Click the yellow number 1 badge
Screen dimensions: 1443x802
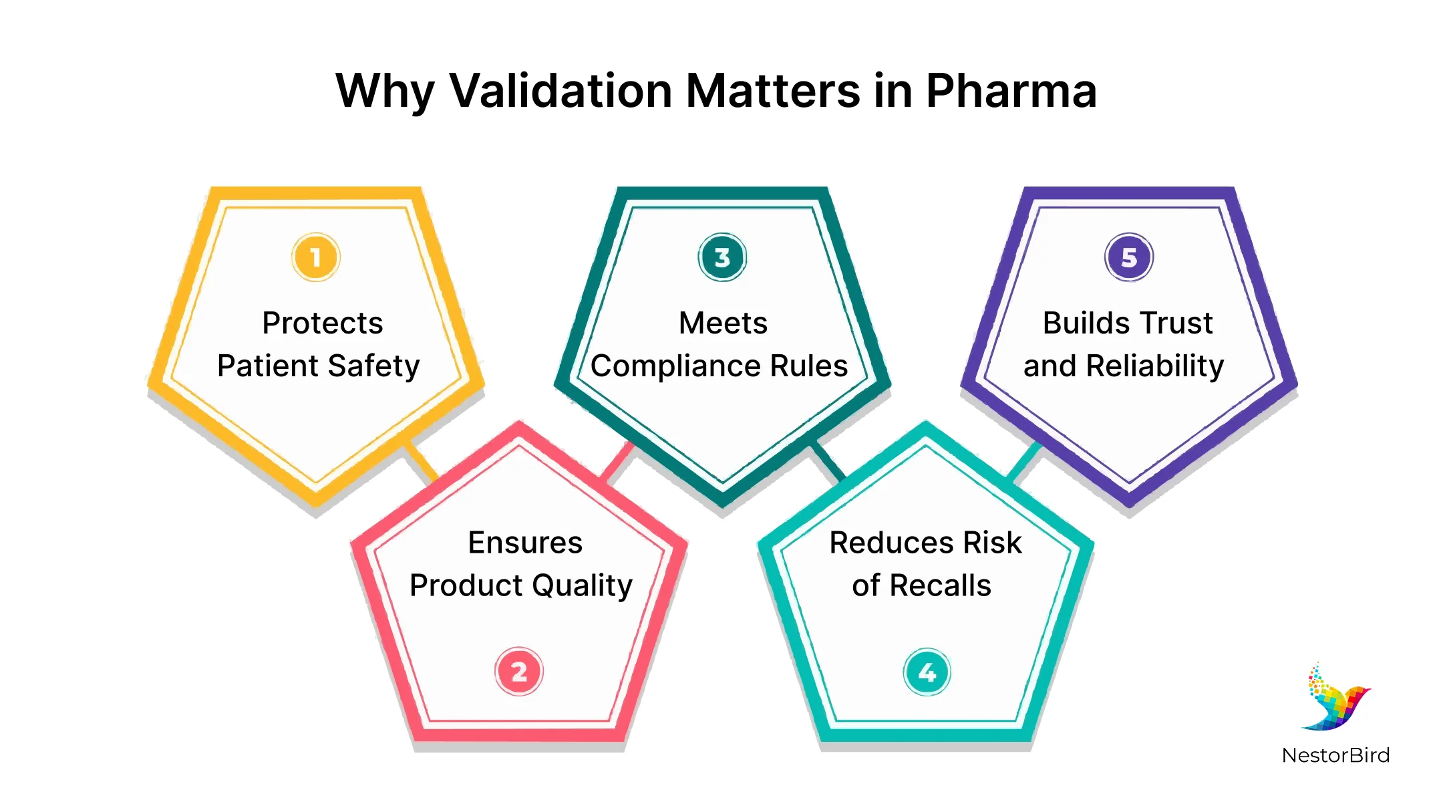coord(316,257)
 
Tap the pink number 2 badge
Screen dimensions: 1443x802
coord(519,672)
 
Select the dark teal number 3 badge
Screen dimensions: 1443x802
coord(722,257)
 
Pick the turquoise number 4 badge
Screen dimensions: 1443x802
coord(927,672)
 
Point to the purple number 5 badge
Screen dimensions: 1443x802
coord(1129,257)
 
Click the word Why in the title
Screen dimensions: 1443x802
coord(385,92)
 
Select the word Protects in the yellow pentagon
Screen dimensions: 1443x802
coord(323,323)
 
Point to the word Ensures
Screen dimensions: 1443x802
coord(525,542)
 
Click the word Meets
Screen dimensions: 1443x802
coord(723,323)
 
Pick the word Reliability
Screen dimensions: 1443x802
coord(1155,367)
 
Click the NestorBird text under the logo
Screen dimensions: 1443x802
coord(1335,755)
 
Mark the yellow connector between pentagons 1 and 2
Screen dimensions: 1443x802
coord(420,462)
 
